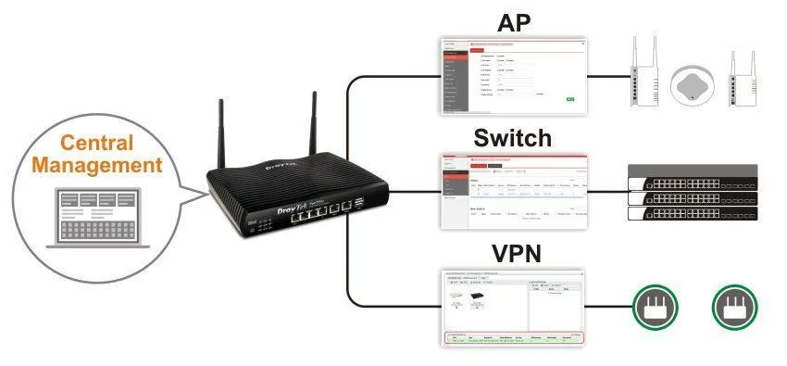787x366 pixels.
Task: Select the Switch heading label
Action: click(512, 139)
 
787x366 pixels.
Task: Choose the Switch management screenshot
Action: click(513, 191)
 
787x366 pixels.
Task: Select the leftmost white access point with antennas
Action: click(639, 77)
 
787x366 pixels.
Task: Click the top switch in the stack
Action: click(691, 176)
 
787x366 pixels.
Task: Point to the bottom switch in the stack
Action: click(691, 214)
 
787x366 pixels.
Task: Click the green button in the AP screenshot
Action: click(570, 98)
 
